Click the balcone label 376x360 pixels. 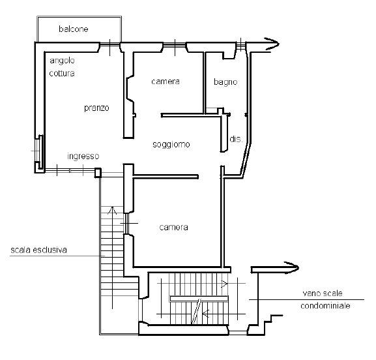click(74, 29)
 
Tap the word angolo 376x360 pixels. click(62, 61)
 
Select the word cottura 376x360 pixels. click(62, 73)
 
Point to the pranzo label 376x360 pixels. click(96, 108)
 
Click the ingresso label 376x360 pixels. click(83, 157)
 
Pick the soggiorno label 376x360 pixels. click(171, 144)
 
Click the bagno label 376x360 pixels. click(225, 82)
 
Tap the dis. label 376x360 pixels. click(236, 139)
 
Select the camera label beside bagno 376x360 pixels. click(166, 82)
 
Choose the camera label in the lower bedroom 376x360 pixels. click(173, 227)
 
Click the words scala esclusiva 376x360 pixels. click(38, 250)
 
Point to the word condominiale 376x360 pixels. click(325, 305)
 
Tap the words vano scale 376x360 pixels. click(323, 293)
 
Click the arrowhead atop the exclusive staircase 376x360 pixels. click(112, 210)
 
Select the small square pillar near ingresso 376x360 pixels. click(98, 173)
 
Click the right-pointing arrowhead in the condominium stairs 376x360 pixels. click(224, 284)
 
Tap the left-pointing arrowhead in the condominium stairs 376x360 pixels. click(205, 313)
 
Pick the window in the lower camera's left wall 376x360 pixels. click(126, 224)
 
